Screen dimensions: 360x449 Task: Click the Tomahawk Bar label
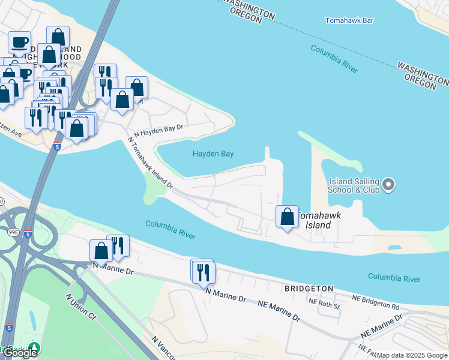click(349, 20)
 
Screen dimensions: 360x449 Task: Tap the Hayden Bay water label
click(212, 154)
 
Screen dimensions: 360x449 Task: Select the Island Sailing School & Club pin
click(388, 184)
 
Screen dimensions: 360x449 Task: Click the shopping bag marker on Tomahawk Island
click(287, 217)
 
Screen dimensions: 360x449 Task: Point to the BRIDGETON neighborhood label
click(309, 289)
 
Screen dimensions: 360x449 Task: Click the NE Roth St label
click(324, 306)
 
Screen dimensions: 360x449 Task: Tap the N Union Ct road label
click(80, 306)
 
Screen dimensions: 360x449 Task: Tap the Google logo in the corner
click(19, 353)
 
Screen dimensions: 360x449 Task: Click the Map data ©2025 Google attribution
click(412, 355)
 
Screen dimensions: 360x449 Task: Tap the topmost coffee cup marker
click(20, 43)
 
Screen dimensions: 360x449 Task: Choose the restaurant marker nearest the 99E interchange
click(118, 247)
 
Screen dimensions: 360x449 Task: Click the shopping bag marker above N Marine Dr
click(101, 251)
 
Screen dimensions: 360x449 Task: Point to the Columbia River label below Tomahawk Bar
click(334, 59)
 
